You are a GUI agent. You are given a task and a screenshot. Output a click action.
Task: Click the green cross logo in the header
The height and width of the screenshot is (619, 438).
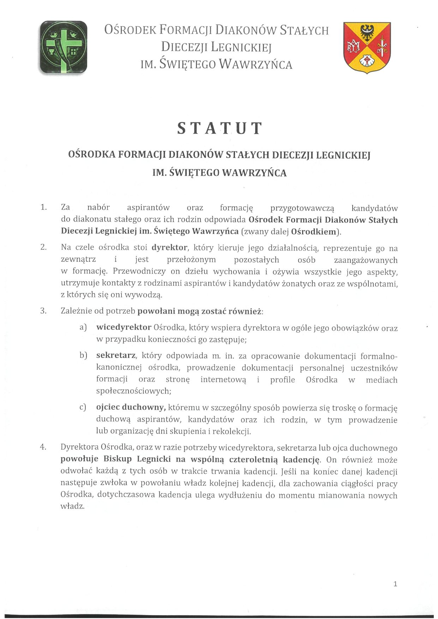(x=63, y=47)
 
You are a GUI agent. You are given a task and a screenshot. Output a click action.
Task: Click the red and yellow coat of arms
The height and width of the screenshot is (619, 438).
(x=367, y=47)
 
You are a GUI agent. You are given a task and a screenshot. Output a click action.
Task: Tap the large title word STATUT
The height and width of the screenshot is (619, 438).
(x=219, y=128)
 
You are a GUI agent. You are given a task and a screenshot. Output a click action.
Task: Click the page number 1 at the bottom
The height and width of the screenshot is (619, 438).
(x=395, y=584)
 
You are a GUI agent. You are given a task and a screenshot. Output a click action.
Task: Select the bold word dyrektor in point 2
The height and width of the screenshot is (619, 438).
(x=169, y=248)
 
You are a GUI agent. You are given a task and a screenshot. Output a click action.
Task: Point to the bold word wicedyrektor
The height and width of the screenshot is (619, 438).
(x=124, y=327)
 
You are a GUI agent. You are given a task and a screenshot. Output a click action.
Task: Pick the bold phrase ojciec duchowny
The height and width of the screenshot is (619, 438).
(x=131, y=407)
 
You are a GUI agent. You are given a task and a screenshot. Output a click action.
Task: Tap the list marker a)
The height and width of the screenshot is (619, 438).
(x=83, y=328)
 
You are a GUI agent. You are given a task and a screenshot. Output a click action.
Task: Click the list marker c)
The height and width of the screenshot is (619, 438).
(x=83, y=408)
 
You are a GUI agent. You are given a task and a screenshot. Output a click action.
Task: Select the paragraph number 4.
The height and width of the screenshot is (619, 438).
(x=43, y=447)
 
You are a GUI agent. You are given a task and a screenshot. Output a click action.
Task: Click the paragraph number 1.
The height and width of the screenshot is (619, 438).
(x=43, y=207)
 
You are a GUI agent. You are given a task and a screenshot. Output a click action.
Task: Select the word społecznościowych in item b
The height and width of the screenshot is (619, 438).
(x=133, y=391)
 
